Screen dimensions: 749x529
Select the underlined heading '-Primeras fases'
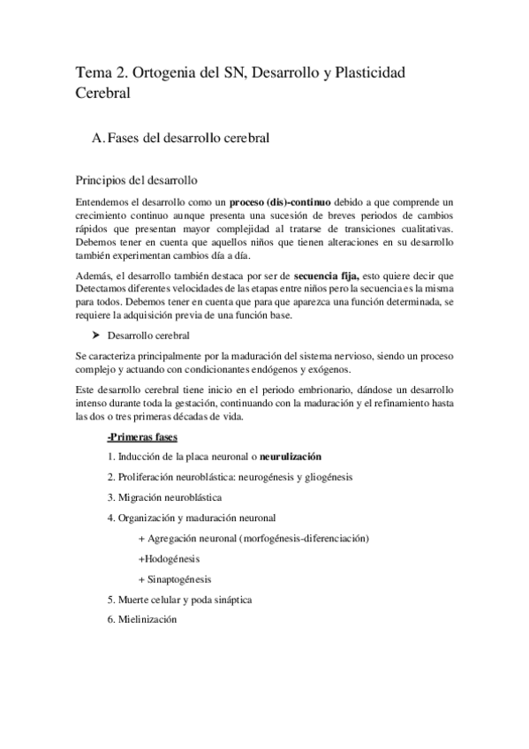141,437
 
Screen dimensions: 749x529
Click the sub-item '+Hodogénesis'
170,558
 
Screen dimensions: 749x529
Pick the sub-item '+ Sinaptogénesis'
175,579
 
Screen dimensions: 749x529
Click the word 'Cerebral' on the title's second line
102,92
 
